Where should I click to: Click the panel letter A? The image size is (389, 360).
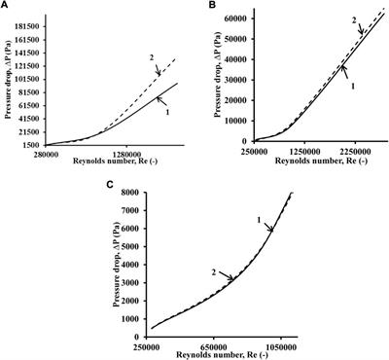coord(6,6)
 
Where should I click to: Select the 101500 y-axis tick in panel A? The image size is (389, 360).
coord(28,79)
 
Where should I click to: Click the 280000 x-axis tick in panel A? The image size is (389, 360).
coord(44,151)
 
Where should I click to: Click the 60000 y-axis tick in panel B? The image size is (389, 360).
coord(233,18)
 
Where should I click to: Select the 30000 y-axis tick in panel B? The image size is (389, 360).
coord(233,80)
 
